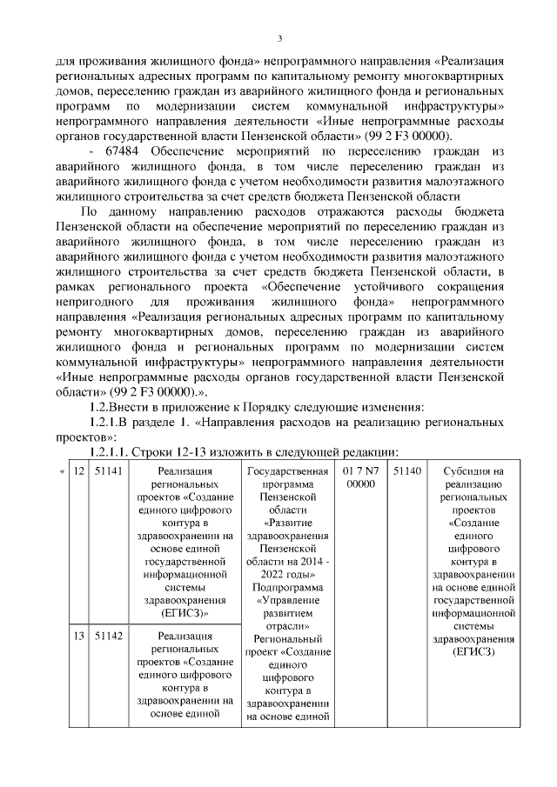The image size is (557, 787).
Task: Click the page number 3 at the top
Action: (279, 37)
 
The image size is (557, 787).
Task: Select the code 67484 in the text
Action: (119, 152)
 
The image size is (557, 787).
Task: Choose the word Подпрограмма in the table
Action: (286, 587)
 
